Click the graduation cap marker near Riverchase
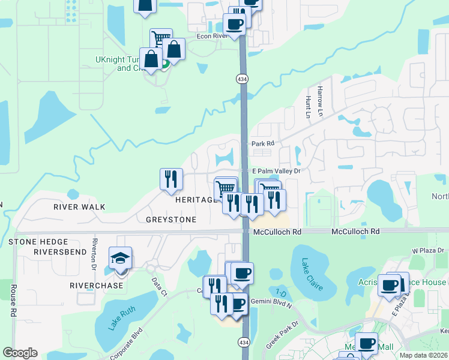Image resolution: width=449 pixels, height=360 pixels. point(121,259)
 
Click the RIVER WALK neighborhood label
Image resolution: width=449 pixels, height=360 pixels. point(79,207)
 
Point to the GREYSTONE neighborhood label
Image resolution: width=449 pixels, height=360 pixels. point(171,220)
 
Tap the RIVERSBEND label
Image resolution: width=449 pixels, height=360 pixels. point(61,252)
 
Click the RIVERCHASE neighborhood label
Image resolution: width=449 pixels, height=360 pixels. point(96,285)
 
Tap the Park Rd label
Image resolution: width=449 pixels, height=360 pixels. point(262,143)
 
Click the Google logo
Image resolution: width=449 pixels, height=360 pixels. point(20,353)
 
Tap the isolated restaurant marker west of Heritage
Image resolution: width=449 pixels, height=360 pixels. point(171,178)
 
